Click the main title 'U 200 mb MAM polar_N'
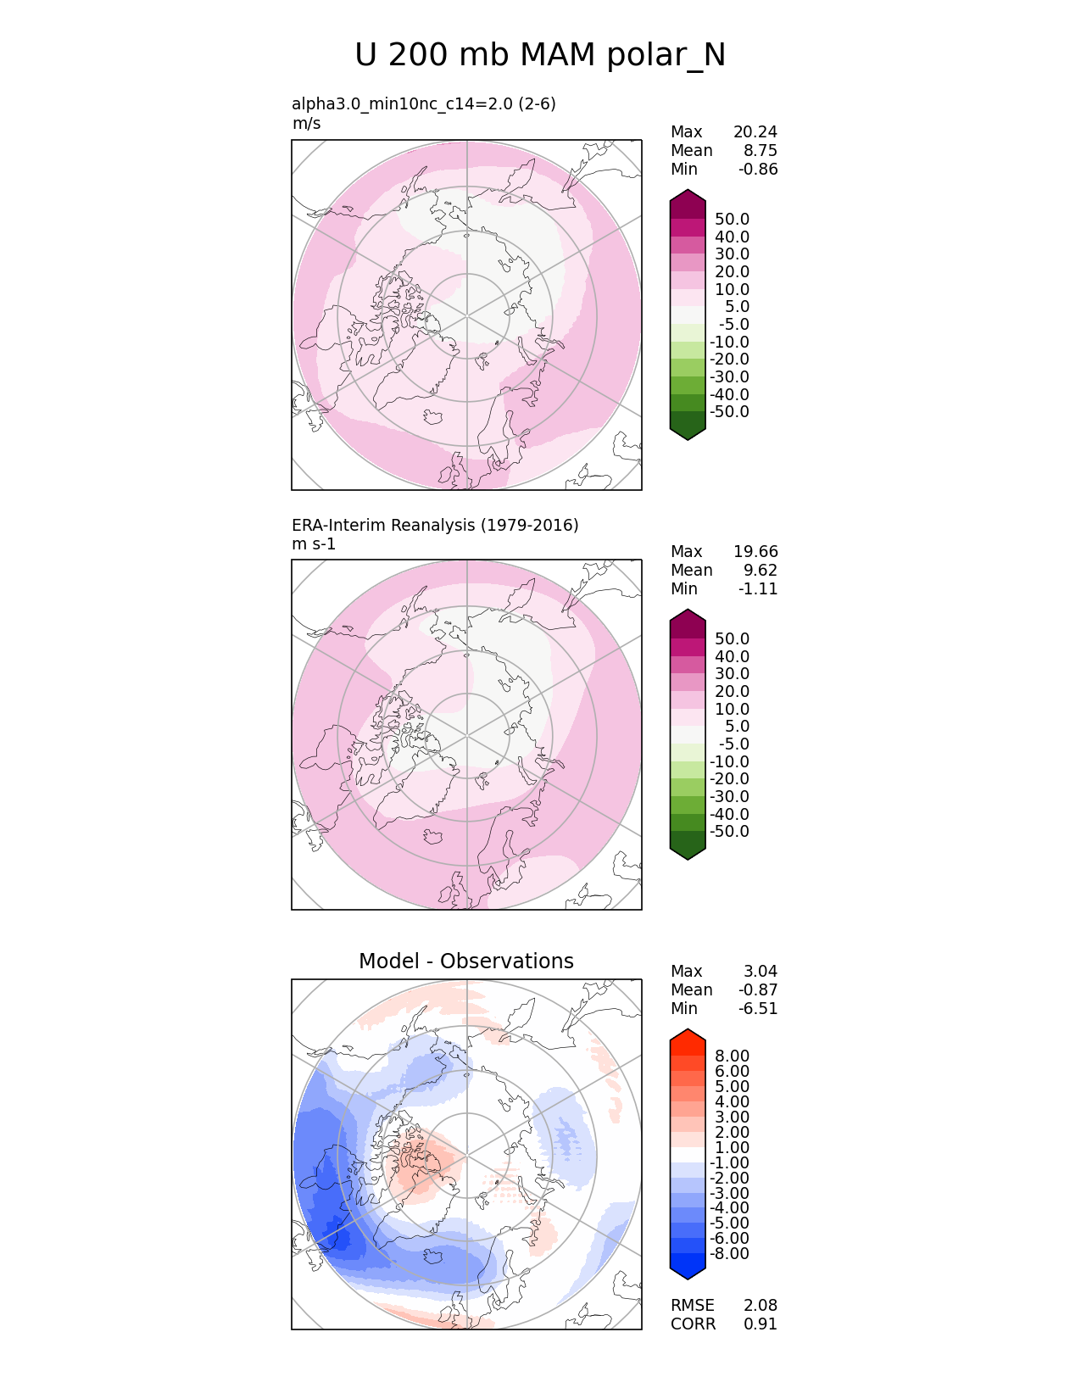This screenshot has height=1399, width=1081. [x=540, y=55]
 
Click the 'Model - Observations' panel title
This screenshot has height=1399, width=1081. [x=466, y=961]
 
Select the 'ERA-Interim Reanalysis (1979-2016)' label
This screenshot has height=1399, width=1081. [x=435, y=525]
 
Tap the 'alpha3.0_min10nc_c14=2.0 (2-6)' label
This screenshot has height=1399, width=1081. [x=424, y=103]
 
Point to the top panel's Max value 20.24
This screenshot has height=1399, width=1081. [x=755, y=131]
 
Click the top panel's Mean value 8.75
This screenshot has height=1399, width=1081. [x=761, y=150]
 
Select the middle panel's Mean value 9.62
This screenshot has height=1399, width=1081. [x=761, y=570]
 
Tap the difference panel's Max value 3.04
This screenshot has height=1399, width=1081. [x=761, y=971]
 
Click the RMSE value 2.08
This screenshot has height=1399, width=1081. [x=761, y=1305]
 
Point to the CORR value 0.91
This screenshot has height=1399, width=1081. [x=761, y=1324]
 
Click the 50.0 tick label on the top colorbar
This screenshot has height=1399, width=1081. [x=732, y=220]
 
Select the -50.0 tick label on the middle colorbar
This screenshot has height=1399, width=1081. [x=729, y=831]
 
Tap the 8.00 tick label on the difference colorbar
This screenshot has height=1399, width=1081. [x=732, y=1056]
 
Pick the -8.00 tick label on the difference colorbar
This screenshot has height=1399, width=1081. [x=729, y=1253]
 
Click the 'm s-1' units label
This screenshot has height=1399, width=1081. [x=314, y=543]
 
